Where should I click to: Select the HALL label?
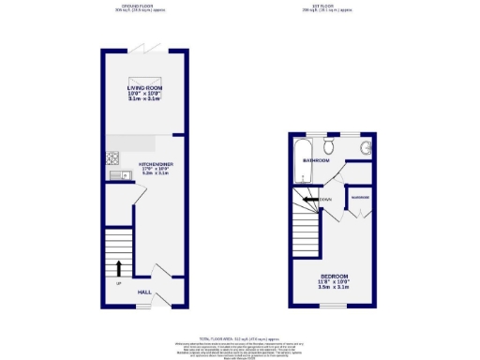tap(144, 292)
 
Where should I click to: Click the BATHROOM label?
tap(315, 160)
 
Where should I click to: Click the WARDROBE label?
tap(359, 198)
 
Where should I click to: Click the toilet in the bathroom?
tap(328, 146)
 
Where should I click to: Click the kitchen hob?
tap(114, 157)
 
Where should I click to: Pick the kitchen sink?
tap(114, 174)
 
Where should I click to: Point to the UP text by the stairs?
tap(118, 282)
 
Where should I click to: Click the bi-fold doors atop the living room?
tap(144, 47)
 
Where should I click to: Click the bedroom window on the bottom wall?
tap(336, 306)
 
